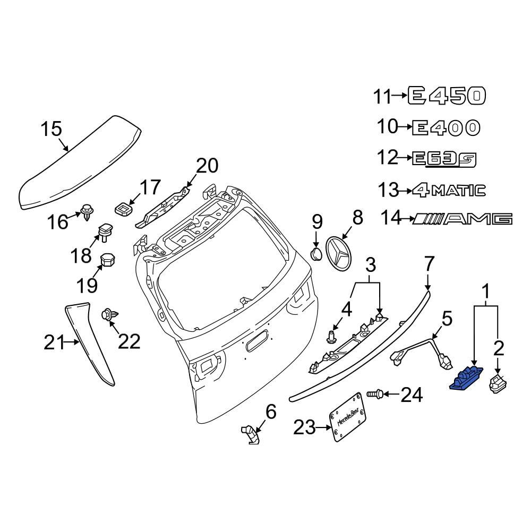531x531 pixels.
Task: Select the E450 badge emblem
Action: click(447, 96)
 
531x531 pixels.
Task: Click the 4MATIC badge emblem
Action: click(449, 190)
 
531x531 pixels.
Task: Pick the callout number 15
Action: click(52, 129)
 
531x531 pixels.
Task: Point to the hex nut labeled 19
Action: click(109, 261)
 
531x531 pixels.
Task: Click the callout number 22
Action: click(129, 341)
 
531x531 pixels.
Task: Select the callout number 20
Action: click(207, 166)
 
